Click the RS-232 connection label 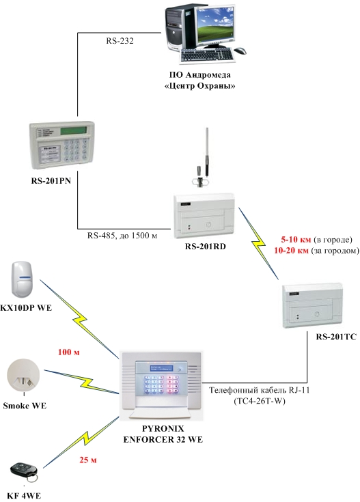point(120,41)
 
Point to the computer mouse point(240,51)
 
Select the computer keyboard point(207,56)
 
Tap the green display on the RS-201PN point(73,130)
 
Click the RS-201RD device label point(206,247)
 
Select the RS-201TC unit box point(312,305)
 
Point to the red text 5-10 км point(296,240)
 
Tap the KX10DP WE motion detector point(22,279)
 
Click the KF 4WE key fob point(24,472)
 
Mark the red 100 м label point(68,352)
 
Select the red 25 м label point(88,460)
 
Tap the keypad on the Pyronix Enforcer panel point(161,384)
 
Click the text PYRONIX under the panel point(163,428)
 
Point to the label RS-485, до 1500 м point(122,236)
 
